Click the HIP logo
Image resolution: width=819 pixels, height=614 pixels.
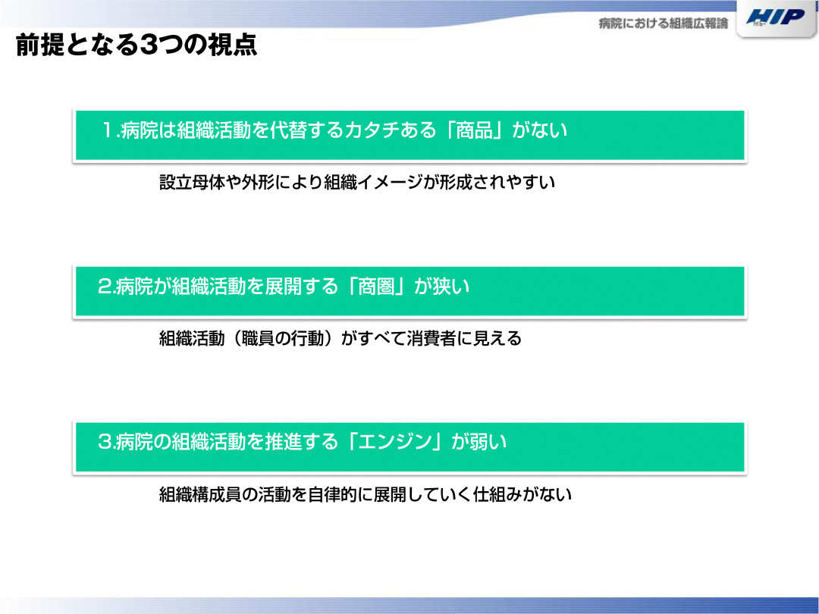point(776,17)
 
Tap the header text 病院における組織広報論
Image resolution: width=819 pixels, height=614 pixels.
point(663,23)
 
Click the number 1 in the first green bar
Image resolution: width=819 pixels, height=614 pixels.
point(108,130)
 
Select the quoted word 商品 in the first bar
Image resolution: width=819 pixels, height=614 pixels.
point(474,130)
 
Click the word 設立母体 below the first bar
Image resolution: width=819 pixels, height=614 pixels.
point(192,182)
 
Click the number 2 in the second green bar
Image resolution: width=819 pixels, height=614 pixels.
point(105,286)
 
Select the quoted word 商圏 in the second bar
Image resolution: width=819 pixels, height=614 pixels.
point(376,286)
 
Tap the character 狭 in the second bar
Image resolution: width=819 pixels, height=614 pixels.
point(442,286)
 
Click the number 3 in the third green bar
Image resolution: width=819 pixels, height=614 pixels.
point(105,442)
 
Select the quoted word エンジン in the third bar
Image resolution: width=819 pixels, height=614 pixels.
point(395,442)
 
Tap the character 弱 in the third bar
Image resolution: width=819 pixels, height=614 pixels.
point(479,442)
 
